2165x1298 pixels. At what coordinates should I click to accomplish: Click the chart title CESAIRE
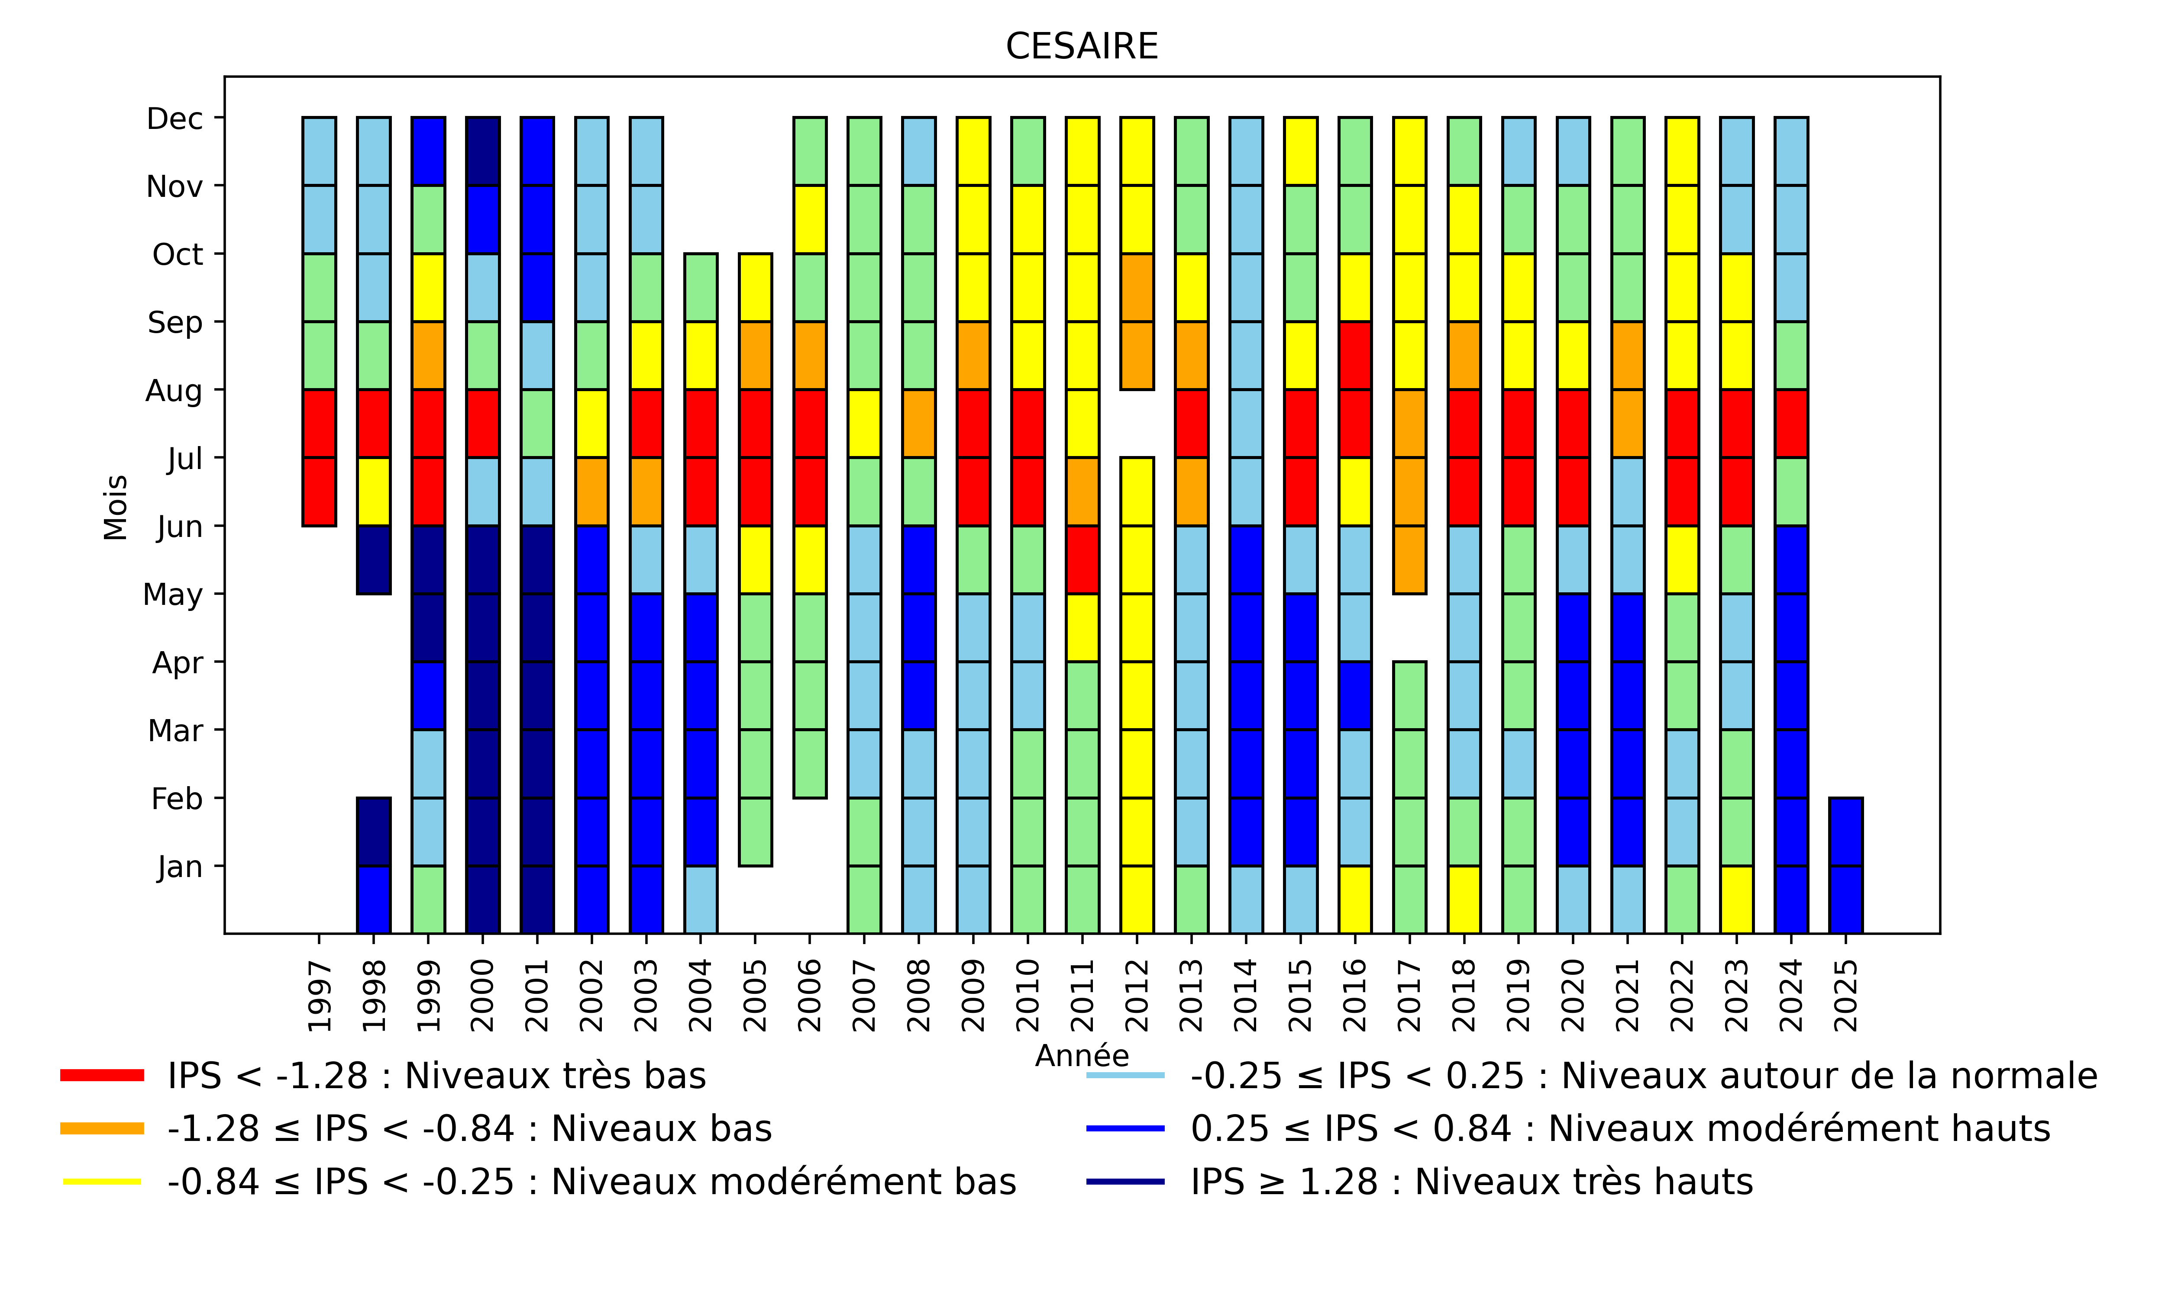tap(1082, 46)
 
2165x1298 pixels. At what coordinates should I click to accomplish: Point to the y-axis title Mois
tap(116, 508)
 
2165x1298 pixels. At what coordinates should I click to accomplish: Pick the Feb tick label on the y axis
tap(177, 799)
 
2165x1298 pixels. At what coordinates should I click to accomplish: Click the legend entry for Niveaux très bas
tap(436, 1076)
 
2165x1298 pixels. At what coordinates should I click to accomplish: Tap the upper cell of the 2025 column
tap(1845, 832)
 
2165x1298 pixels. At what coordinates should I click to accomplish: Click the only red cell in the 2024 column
tap(1791, 423)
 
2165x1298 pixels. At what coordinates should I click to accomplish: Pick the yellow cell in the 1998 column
tap(374, 492)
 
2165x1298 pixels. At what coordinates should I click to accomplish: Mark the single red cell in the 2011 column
tap(1082, 560)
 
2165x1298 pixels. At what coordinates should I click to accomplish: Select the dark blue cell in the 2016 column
tap(1355, 695)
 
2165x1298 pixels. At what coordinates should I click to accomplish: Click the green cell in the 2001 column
tap(537, 423)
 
